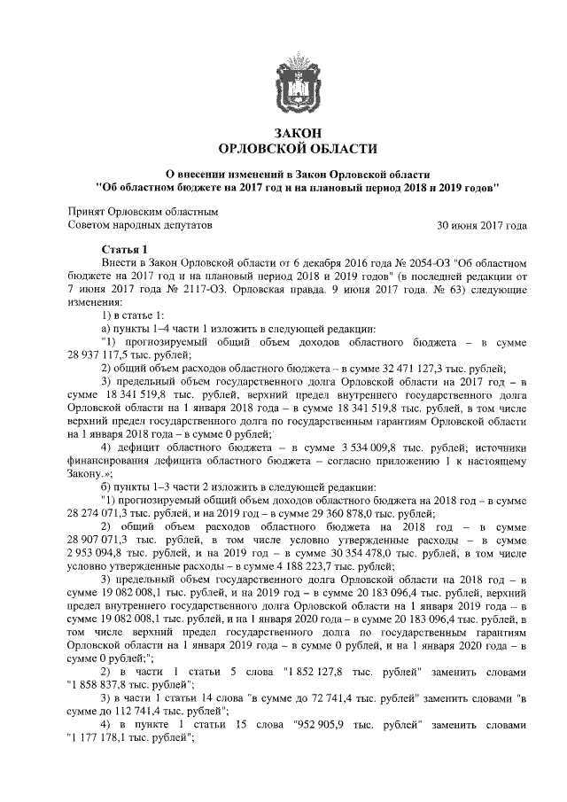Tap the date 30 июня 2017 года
pyautogui.click(x=483, y=226)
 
